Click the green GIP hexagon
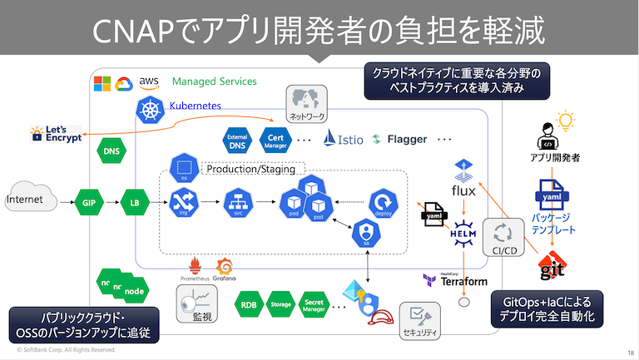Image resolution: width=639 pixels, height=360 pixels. [x=89, y=201]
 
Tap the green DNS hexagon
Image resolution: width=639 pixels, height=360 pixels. [x=111, y=151]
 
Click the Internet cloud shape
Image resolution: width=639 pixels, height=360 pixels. [x=27, y=200]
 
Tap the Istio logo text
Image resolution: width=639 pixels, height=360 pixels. [x=344, y=139]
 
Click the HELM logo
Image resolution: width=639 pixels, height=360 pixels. [x=463, y=234]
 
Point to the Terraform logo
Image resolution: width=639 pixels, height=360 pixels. [x=454, y=280]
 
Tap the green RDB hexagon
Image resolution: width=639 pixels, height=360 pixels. [x=248, y=305]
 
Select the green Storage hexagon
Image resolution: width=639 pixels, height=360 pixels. [x=281, y=305]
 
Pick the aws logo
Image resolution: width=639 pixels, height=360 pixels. [x=149, y=81]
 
